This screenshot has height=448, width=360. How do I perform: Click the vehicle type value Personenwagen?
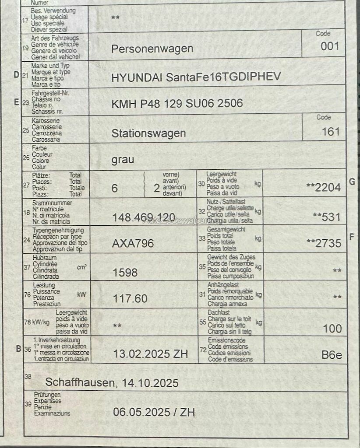[152, 49]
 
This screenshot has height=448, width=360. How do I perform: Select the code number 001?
[330, 46]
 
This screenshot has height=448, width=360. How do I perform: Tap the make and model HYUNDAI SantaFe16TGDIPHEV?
[196, 77]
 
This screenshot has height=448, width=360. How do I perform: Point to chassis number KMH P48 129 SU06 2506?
[177, 104]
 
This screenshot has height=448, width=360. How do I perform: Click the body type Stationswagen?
[148, 133]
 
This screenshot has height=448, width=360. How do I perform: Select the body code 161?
[331, 132]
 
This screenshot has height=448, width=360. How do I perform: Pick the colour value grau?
[123, 160]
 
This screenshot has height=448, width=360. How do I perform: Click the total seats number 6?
[115, 188]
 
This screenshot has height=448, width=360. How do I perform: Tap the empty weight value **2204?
[323, 188]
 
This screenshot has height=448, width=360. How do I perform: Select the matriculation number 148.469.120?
[144, 217]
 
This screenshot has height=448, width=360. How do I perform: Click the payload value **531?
[327, 217]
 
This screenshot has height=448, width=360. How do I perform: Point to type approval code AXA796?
[133, 244]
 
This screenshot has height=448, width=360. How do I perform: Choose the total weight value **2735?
[323, 244]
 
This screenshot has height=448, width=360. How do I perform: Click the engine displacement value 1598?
[125, 273]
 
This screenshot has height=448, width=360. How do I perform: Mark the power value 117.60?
[130, 299]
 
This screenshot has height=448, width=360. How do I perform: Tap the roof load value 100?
[332, 329]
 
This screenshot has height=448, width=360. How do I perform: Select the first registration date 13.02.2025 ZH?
[151, 354]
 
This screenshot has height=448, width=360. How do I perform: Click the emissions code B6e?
[332, 355]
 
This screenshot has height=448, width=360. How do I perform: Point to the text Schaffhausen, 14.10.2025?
[112, 383]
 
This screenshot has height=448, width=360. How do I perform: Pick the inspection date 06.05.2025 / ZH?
[154, 412]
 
